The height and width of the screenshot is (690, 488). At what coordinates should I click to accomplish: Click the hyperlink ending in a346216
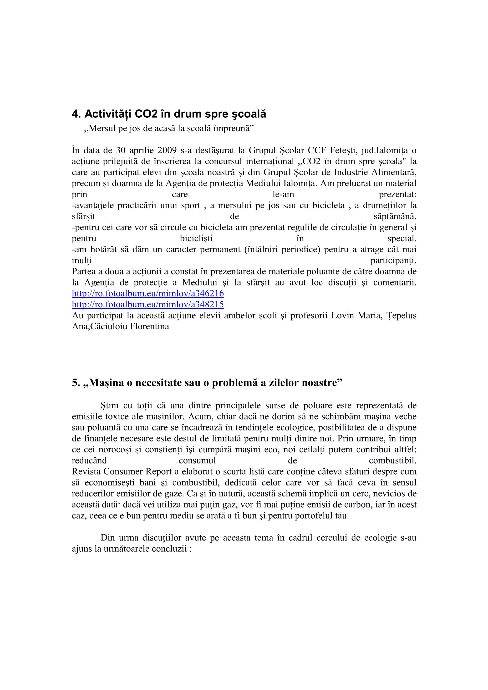point(148,293)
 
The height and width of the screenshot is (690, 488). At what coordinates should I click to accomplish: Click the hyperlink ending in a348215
point(148,305)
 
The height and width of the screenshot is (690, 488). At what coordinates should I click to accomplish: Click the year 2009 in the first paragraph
point(167,150)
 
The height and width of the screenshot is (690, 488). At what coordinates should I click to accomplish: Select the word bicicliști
point(196,239)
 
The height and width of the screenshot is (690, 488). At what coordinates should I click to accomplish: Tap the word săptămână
point(395,217)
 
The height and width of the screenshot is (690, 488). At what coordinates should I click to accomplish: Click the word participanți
point(393,260)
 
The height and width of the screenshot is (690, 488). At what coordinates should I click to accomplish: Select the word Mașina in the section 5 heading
point(106,383)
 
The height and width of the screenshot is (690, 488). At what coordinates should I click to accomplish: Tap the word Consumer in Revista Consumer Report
point(123,471)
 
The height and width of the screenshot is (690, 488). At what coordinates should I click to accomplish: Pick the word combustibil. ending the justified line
point(392,461)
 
